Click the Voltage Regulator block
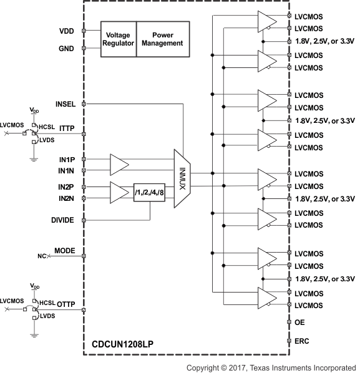click(118, 39)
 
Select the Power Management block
click(162, 39)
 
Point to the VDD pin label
click(66, 30)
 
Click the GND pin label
click(66, 49)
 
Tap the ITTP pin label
click(67, 128)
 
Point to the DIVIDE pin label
click(63, 220)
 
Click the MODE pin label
click(64, 251)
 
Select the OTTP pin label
click(66, 305)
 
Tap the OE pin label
click(299, 322)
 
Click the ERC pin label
click(301, 341)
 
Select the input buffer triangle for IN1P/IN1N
click(118, 165)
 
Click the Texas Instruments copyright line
click(271, 367)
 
